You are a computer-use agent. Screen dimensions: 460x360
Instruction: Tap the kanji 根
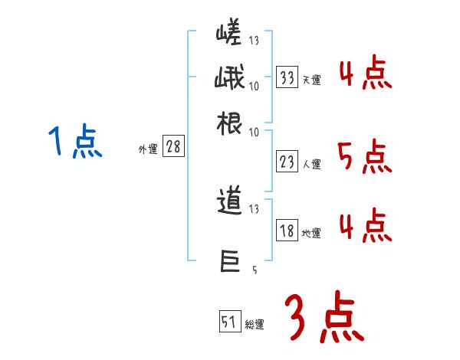pos(230,123)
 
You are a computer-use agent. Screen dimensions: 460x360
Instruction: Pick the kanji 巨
pos(230,261)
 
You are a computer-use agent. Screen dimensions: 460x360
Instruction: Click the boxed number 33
pos(287,77)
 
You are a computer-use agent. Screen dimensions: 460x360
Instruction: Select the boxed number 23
pos(287,161)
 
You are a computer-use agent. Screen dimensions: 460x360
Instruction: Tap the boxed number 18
pos(287,231)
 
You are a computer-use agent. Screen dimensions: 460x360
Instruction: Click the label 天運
pos(311,79)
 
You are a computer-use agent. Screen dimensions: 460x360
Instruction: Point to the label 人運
pos(311,163)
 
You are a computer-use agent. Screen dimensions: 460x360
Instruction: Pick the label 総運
pos(255,324)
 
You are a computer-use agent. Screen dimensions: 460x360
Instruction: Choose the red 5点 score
pos(365,157)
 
